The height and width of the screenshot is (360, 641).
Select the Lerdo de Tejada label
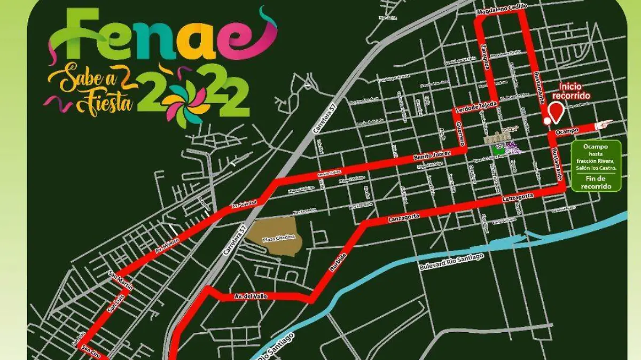(x=476, y=107)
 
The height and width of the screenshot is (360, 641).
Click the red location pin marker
(x=557, y=113)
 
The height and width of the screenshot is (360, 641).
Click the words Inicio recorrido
(x=574, y=91)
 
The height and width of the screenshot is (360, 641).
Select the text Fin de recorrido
(x=596, y=182)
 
